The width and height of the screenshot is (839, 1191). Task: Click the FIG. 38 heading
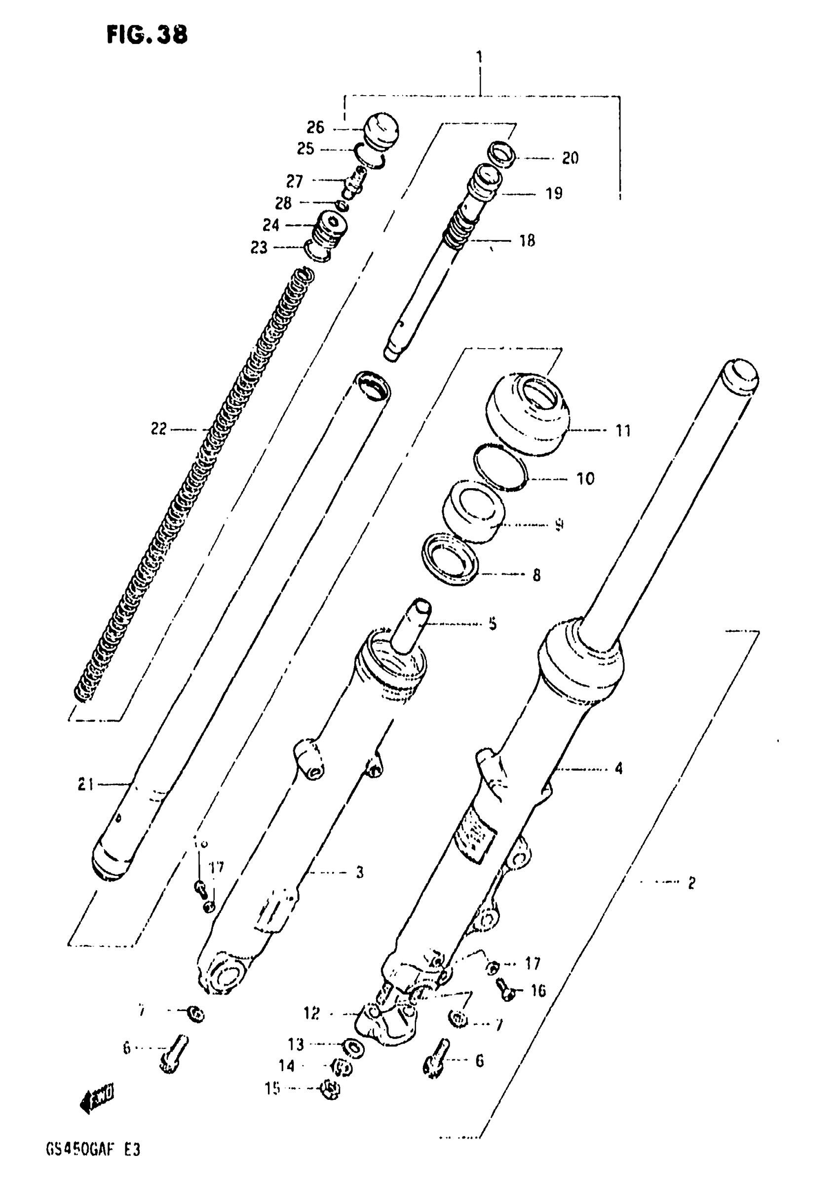pos(147,36)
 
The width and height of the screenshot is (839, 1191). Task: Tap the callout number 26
pos(315,127)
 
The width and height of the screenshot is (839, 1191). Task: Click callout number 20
pos(570,158)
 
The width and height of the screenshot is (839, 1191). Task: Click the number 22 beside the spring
pos(159,429)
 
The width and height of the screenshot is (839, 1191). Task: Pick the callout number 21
pos(86,785)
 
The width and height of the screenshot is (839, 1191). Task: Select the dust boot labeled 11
pos(526,414)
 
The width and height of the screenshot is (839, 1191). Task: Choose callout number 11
pos(623,430)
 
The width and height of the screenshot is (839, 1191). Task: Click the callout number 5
pos(492,623)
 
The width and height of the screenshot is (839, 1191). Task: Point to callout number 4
pos(618,768)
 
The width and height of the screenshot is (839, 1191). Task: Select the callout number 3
pos(359,872)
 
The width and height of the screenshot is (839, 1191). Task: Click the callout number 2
pos(691,882)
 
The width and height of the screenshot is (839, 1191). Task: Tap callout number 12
pos(311,1012)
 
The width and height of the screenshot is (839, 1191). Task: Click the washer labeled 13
pos(354,1049)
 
